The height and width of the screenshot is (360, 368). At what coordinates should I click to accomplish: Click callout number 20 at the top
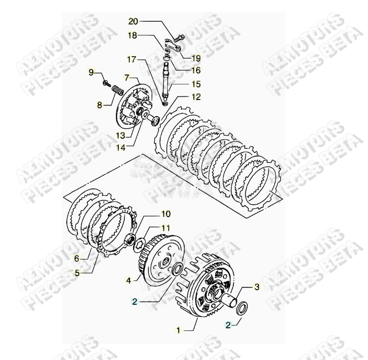point(133,22)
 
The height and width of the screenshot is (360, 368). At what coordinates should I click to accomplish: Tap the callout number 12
point(196,97)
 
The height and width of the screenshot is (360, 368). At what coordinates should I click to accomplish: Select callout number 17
point(132,59)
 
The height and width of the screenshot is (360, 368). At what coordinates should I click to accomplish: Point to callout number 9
point(91,72)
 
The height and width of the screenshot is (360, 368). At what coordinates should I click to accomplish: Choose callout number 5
point(77,272)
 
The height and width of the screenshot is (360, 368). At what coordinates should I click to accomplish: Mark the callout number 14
point(121,147)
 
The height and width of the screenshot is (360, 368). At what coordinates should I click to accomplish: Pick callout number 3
point(257,287)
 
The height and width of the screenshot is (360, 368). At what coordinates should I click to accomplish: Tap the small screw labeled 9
point(107,83)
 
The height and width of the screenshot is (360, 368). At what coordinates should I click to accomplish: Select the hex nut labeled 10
point(130,239)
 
